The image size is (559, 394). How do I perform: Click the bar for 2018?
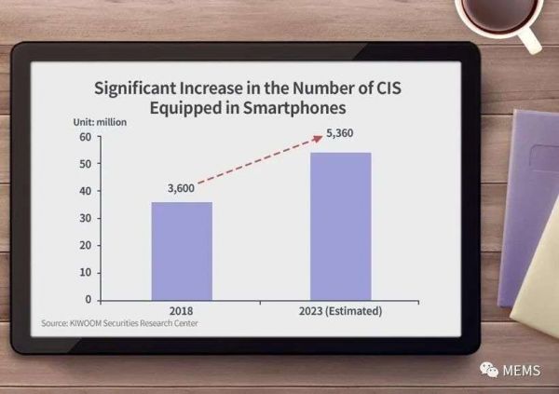pos(182,251)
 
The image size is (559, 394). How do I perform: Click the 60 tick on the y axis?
pos(84,137)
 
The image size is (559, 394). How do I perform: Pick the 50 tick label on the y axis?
pos(84,164)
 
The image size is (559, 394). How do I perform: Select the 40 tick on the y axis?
pos(84,191)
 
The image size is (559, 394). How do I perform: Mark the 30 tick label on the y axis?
pos(84,218)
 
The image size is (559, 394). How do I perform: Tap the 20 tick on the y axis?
pos(84,245)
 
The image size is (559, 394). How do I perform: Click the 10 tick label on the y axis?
pos(84,272)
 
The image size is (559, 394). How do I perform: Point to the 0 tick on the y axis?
pos(87,299)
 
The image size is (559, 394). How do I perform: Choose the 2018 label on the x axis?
pos(182,310)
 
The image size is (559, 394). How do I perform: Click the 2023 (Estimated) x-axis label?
pos(340,310)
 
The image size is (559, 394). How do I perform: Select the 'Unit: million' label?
pos(100,122)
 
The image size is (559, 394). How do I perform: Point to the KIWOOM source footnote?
pos(120,323)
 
